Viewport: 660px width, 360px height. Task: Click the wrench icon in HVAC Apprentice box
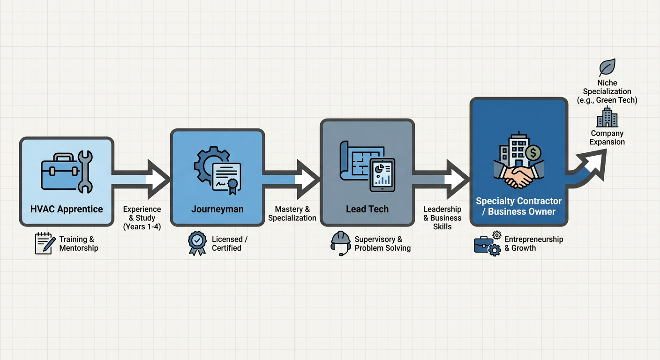coord(85,172)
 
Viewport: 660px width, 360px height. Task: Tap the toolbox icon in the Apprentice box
coord(60,172)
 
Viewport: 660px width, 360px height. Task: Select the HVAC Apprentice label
coord(67,209)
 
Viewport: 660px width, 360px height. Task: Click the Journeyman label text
coord(217,209)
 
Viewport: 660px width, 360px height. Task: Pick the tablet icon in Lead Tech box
coord(382,175)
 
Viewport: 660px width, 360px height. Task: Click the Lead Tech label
coord(367,209)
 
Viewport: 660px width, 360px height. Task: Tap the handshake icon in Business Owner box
coord(519,176)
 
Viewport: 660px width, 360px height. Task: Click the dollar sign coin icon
coord(533,153)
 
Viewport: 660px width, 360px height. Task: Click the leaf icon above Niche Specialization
coord(607,67)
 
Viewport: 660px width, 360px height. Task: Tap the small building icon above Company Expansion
coord(607,117)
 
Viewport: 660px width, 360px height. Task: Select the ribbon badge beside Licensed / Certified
coord(197,243)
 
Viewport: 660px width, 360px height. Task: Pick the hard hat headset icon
coord(341,243)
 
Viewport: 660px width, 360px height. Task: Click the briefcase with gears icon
coord(487,244)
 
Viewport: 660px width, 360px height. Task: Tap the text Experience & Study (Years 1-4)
coord(142,218)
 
